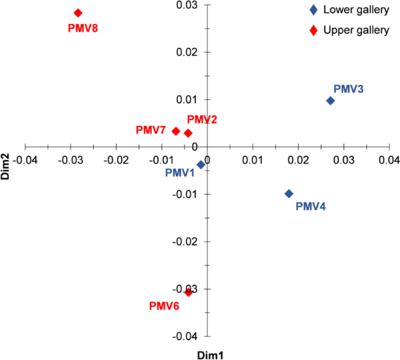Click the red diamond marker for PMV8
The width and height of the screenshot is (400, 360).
tap(78, 13)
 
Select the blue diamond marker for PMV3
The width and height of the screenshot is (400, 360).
tap(330, 100)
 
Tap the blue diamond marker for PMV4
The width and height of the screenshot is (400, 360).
tap(288, 194)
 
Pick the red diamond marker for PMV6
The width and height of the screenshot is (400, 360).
tap(188, 292)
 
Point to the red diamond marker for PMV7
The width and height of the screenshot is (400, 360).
tap(176, 131)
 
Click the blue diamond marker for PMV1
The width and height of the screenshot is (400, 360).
tap(201, 165)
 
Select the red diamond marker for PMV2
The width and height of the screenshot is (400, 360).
tap(188, 133)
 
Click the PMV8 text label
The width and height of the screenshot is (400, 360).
tap(82, 28)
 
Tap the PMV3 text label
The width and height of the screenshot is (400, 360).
tap(349, 89)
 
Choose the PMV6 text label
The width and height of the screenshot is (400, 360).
tap(164, 305)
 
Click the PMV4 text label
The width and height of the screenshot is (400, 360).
tap(311, 206)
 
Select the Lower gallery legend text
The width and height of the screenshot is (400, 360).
tap(356, 10)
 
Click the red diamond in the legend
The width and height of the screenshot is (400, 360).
tap(314, 30)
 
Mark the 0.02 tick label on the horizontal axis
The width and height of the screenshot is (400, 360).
tap(298, 159)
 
